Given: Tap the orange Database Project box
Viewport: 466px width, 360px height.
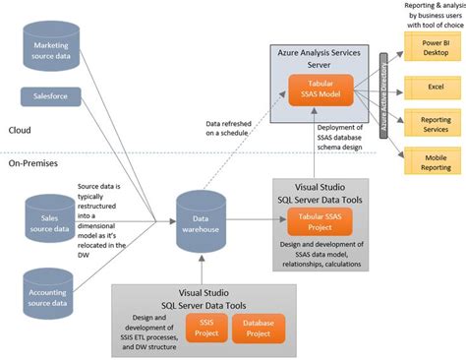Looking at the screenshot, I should point(259,326).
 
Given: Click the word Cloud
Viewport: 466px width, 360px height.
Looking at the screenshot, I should point(20,130).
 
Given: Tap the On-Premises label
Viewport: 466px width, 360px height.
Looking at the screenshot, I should point(32,164).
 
